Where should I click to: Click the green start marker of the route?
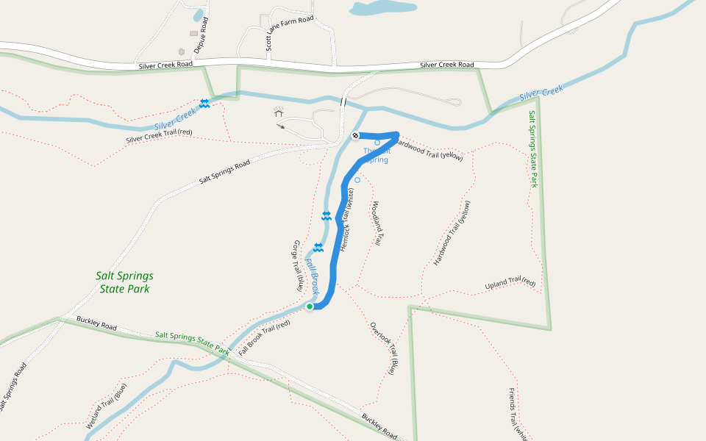[310, 306]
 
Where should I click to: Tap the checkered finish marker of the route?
[355, 135]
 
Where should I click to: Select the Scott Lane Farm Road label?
[290, 34]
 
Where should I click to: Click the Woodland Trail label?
[377, 223]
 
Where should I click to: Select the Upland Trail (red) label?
[510, 284]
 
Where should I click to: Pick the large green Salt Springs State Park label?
[125, 282]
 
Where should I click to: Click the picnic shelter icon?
[279, 112]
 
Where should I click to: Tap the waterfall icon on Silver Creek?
[204, 104]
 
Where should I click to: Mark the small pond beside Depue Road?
[198, 15]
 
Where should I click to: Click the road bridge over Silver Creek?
[343, 101]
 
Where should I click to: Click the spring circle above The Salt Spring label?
[377, 143]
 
